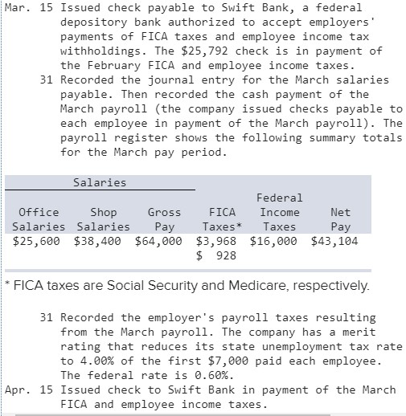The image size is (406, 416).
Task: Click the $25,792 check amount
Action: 228,51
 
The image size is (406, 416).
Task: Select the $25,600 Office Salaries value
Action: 36,240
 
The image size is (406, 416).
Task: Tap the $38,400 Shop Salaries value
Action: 96,240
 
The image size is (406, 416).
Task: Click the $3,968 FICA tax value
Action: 216,240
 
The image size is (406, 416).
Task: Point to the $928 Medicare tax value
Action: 216,255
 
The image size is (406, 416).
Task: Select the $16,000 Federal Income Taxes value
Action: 273,240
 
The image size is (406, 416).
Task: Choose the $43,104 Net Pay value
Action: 334,240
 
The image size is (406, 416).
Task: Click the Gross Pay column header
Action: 164,219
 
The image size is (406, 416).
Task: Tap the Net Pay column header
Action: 340,219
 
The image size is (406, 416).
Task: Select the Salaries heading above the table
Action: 100,182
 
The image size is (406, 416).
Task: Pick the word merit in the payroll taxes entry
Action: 359,332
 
